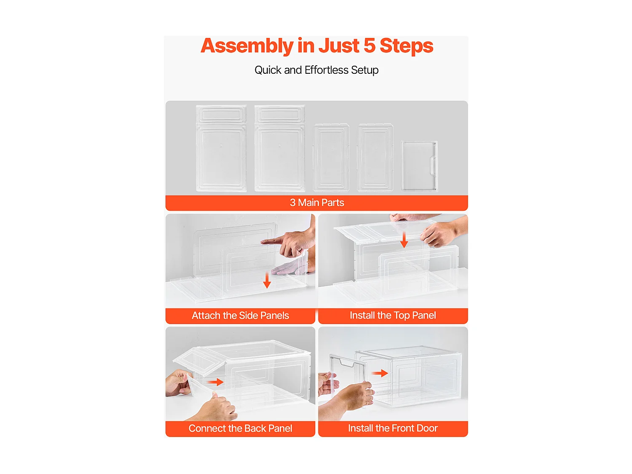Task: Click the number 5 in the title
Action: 369,46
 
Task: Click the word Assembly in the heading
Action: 247,46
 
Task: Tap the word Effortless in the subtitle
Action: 327,70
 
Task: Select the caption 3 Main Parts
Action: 317,203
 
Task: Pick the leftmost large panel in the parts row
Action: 221,149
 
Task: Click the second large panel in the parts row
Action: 279,149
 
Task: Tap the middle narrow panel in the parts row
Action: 332,158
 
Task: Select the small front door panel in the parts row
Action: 419,166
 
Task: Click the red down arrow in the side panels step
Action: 267,280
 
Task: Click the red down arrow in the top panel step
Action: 404,240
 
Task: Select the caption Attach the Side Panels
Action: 240,316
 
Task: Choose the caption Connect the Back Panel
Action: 240,428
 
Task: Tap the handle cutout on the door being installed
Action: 347,362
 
